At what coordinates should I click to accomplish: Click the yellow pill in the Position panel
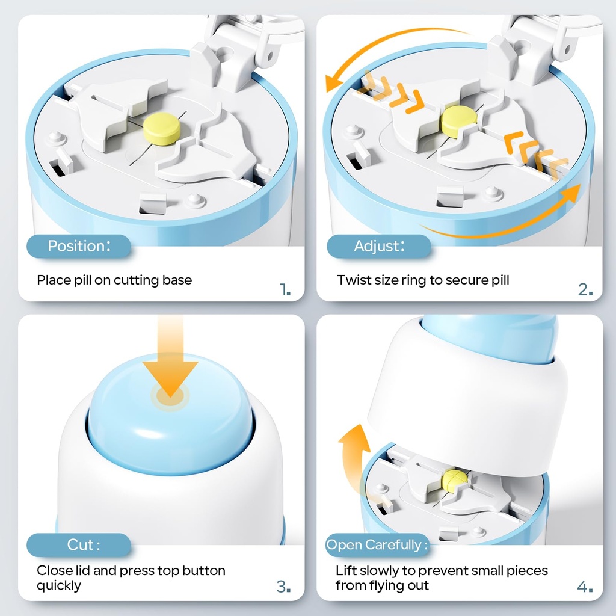161,128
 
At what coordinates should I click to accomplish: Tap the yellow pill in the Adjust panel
458,121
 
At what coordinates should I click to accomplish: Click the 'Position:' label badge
79,246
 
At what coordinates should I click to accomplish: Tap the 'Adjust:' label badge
379,246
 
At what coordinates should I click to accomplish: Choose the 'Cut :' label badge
79,545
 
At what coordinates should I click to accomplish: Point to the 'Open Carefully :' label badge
377,545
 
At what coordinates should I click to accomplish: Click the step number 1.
285,289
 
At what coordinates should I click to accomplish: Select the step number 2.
585,289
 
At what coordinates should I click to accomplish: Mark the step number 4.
585,587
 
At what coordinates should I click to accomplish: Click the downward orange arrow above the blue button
170,357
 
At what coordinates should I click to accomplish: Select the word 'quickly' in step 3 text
59,586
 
